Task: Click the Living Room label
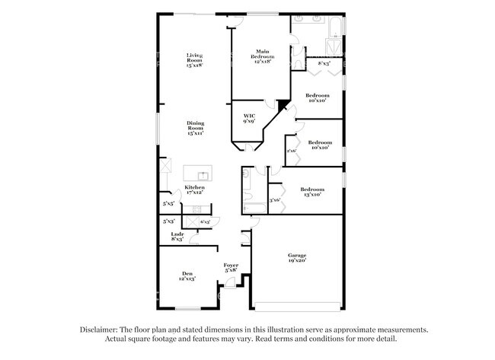coord(194,60)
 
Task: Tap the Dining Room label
coord(195,128)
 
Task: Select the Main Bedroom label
coord(263,55)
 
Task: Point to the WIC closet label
coord(248,118)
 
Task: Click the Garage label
coord(296,257)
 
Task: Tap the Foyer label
coord(231,267)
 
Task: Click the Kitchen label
coord(194,190)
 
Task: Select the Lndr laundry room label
coord(177,236)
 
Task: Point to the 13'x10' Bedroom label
coord(311,191)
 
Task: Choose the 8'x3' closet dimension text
coord(323,64)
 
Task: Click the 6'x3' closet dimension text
coord(205,221)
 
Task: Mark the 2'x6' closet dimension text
coord(291,150)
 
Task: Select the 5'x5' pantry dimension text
coord(168,204)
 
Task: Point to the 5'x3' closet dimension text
coord(168,221)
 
